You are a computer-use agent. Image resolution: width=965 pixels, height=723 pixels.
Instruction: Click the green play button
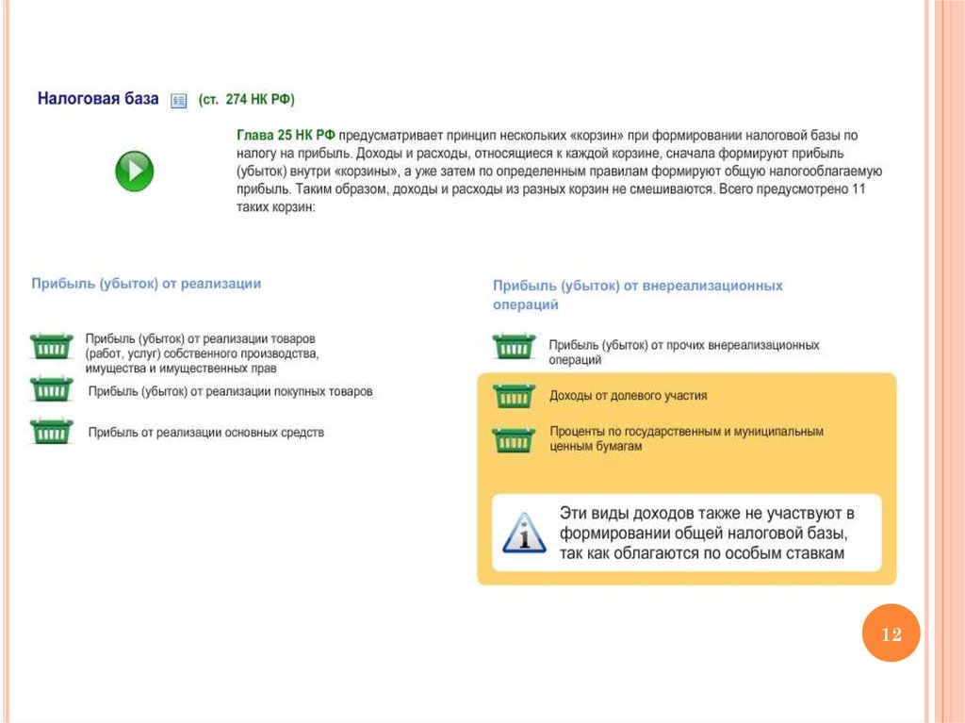coord(134,172)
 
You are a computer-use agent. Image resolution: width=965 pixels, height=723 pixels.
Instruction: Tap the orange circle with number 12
coord(891,634)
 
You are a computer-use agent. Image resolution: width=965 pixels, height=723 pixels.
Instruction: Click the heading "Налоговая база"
coord(98,99)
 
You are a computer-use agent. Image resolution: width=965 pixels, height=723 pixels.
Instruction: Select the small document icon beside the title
coord(178,101)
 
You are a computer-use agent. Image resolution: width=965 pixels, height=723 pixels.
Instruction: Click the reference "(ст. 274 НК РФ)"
coord(252,99)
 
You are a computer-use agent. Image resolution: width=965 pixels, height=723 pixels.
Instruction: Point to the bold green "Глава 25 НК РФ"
coord(286,136)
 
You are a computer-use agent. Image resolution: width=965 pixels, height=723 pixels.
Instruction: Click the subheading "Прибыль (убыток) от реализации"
coord(146,283)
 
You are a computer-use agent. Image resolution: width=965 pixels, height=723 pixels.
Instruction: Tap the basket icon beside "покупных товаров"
coord(51,389)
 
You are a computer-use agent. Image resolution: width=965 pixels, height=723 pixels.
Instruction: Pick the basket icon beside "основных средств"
coord(51,431)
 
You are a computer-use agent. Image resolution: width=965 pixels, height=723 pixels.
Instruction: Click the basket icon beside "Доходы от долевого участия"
coord(514,396)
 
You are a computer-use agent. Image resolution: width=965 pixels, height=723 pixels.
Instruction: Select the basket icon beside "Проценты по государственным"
coord(514,439)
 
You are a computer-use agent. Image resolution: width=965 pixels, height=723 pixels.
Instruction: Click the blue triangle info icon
coord(524,533)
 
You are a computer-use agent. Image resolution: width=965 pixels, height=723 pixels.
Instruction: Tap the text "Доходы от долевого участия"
coord(628,396)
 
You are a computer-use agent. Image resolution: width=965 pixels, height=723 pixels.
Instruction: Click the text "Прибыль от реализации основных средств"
coord(205,433)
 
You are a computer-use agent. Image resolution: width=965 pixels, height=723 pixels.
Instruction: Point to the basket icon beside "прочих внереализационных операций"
coord(514,346)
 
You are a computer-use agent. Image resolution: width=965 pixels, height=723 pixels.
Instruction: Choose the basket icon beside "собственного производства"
coord(51,346)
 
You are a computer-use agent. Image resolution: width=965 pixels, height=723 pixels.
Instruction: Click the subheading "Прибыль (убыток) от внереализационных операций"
coord(637,294)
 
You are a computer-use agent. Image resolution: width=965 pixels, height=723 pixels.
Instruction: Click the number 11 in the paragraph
coord(858,189)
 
